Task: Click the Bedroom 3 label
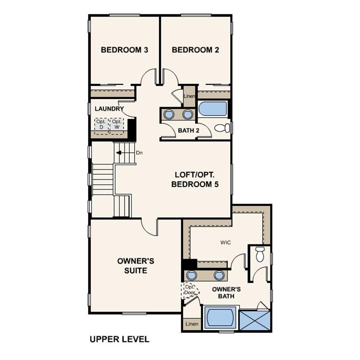pyautogui.click(x=124, y=50)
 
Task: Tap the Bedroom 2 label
pyautogui.click(x=195, y=50)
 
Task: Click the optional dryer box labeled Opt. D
pyautogui.click(x=101, y=124)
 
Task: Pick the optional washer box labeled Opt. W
pyautogui.click(x=117, y=124)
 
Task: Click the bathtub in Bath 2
pyautogui.click(x=212, y=109)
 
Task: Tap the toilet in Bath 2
pyautogui.click(x=222, y=128)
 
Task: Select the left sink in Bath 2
pyautogui.click(x=169, y=114)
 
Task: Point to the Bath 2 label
pyautogui.click(x=188, y=130)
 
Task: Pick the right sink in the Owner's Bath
pyautogui.click(x=218, y=275)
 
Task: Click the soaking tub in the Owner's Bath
pyautogui.click(x=221, y=318)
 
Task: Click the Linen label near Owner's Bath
pyautogui.click(x=192, y=324)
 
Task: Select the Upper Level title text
pyautogui.click(x=120, y=340)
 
